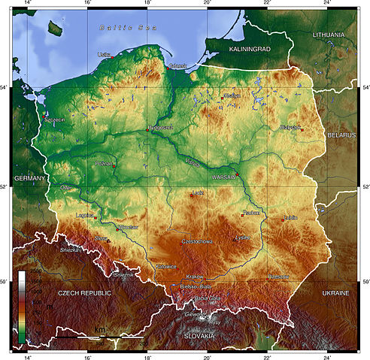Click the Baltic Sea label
(x=124, y=28)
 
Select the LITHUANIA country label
(x=334, y=35)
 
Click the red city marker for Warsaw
(x=237, y=175)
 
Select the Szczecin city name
(x=55, y=119)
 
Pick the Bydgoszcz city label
(x=161, y=127)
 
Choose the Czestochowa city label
(x=197, y=241)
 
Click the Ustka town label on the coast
(x=105, y=55)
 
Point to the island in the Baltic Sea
(x=54, y=29)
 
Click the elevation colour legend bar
(x=22, y=304)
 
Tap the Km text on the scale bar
(x=99, y=329)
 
